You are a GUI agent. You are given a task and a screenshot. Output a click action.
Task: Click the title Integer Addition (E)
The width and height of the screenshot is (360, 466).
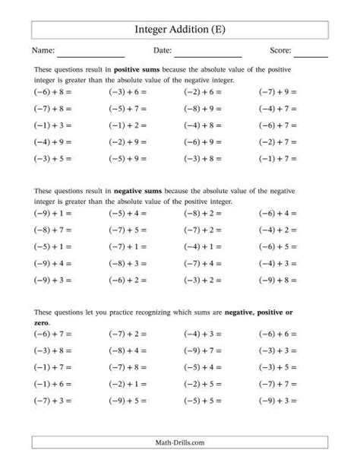(179, 30)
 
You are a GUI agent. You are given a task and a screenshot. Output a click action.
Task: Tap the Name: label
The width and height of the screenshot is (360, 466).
(43, 51)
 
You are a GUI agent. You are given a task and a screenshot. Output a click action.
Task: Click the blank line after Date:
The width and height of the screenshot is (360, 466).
(207, 52)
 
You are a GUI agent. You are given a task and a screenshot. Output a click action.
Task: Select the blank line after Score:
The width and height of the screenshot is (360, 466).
(311, 52)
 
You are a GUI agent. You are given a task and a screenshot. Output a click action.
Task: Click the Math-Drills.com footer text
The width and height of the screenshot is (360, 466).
(179, 442)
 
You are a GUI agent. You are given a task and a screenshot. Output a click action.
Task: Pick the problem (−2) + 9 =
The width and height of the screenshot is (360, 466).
(127, 141)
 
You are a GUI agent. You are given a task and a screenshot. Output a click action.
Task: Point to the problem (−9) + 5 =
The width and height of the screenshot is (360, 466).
(127, 401)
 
